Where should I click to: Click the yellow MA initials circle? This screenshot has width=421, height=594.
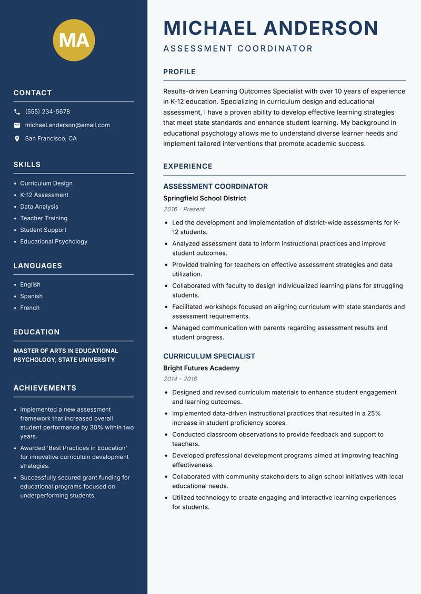click(74, 40)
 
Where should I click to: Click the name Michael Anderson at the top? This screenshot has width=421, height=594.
click(270, 28)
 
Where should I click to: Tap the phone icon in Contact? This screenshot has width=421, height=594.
click(17, 112)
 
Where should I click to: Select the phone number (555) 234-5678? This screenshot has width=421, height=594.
click(47, 112)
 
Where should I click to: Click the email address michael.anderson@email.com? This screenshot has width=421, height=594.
click(67, 125)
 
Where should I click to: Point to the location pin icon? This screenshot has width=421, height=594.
click(17, 139)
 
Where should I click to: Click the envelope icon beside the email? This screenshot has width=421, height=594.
click(17, 125)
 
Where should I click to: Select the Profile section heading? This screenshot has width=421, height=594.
click(179, 72)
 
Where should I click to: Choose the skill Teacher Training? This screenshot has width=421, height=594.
click(44, 218)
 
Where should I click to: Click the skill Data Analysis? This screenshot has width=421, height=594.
click(39, 207)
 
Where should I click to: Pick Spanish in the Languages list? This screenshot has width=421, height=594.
click(31, 296)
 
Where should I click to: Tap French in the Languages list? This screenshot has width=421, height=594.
click(29, 308)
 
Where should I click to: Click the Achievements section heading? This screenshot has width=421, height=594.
click(45, 388)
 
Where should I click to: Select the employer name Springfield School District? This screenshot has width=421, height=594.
click(204, 198)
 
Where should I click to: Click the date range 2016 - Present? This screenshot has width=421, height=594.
click(184, 209)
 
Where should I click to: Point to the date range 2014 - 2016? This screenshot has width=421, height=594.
click(180, 379)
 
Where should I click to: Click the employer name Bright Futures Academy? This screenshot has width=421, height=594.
click(201, 368)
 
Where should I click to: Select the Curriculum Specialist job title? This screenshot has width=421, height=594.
click(209, 356)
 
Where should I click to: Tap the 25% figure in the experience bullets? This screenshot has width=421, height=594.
click(374, 413)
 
